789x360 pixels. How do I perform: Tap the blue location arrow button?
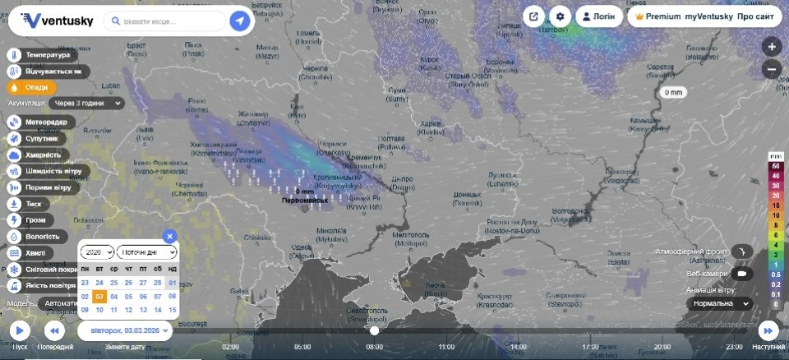(x=240, y=21)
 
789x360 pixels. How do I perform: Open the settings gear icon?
(x=561, y=16)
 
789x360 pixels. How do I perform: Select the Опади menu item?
(x=33, y=87)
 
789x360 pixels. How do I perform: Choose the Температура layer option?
(x=46, y=55)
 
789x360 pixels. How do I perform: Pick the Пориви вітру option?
(x=48, y=187)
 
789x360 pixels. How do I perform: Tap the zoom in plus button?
(x=772, y=47)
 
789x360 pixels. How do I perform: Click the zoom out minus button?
(x=772, y=69)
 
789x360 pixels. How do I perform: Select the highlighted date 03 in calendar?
(x=99, y=296)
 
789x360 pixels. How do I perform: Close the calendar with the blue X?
(x=169, y=236)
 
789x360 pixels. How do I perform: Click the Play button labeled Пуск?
(x=20, y=330)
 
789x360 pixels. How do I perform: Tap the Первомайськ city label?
(x=304, y=201)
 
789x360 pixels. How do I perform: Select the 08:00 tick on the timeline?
(x=374, y=347)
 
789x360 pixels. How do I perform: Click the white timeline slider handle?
(x=375, y=330)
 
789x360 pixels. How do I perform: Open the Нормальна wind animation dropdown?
(x=719, y=303)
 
